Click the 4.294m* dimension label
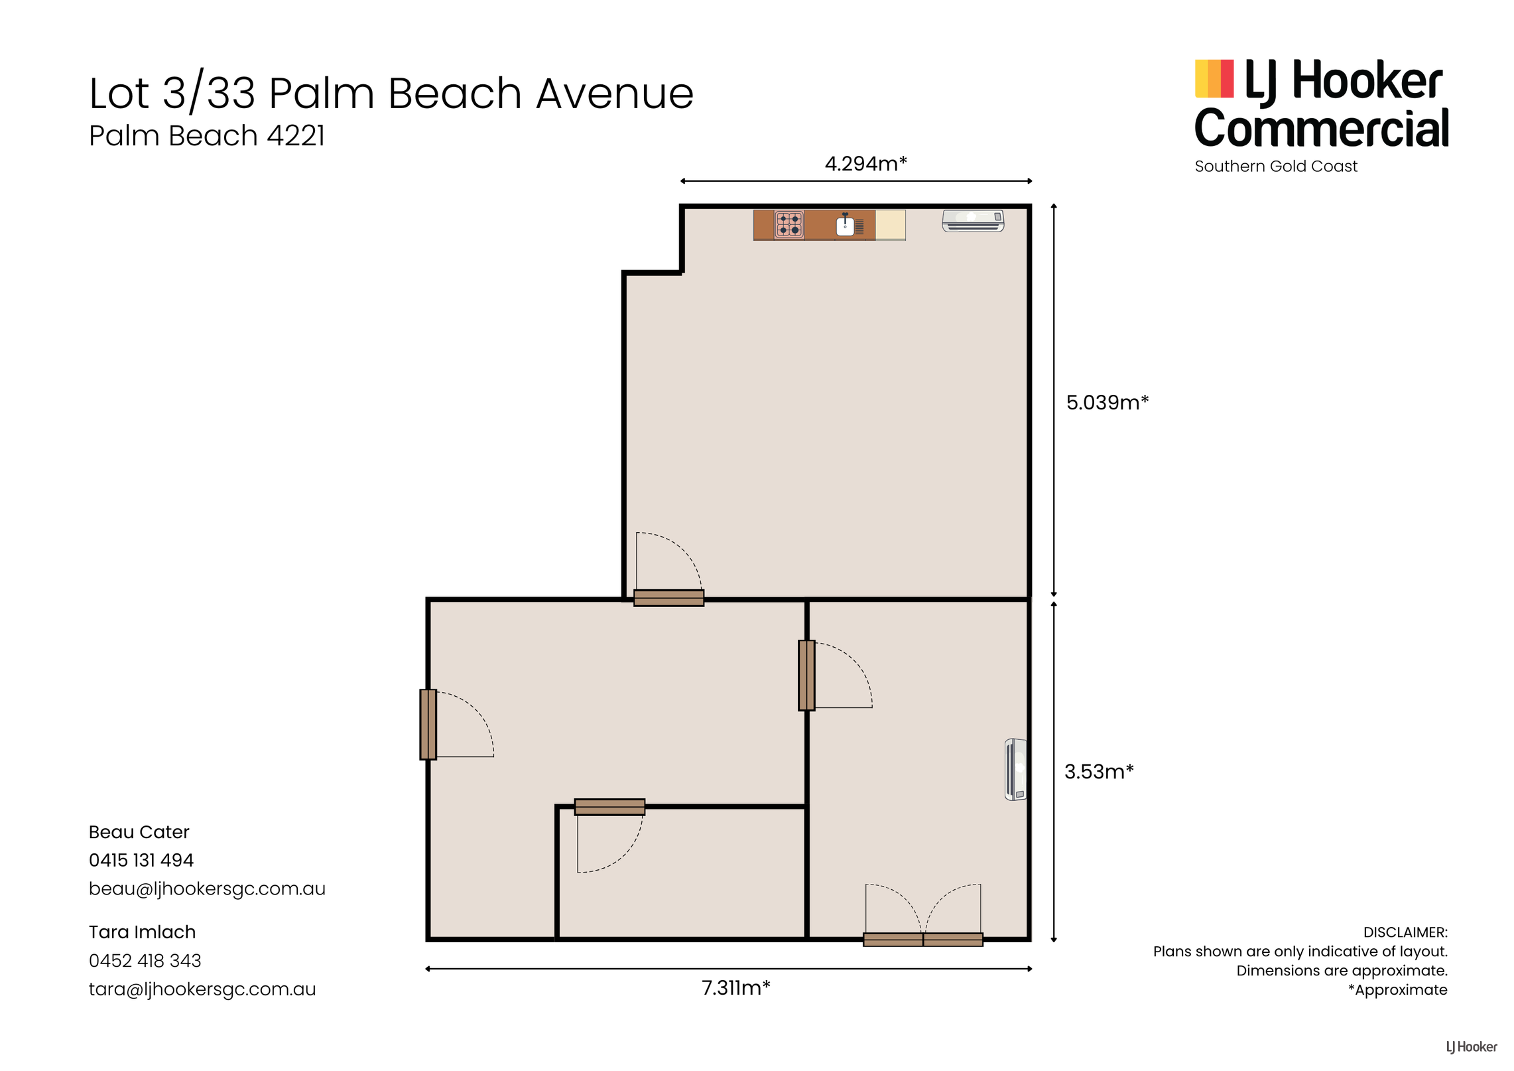pos(865,163)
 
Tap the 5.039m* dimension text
pos(1107,402)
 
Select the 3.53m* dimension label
pos(1099,772)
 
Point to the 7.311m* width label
pos(735,988)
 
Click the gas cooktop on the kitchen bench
pos(789,225)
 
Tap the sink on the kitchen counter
pos(845,225)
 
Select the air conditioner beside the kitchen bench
pos(973,220)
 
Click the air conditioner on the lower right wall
pos(1015,770)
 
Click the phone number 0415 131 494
pos(141,860)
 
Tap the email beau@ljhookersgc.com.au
pos(207,889)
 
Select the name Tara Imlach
pos(142,932)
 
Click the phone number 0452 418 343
pos(145,961)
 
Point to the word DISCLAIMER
pos(1405,932)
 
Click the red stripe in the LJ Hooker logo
pos(1227,78)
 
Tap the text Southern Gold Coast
pos(1276,166)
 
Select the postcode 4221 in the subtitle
pos(296,135)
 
